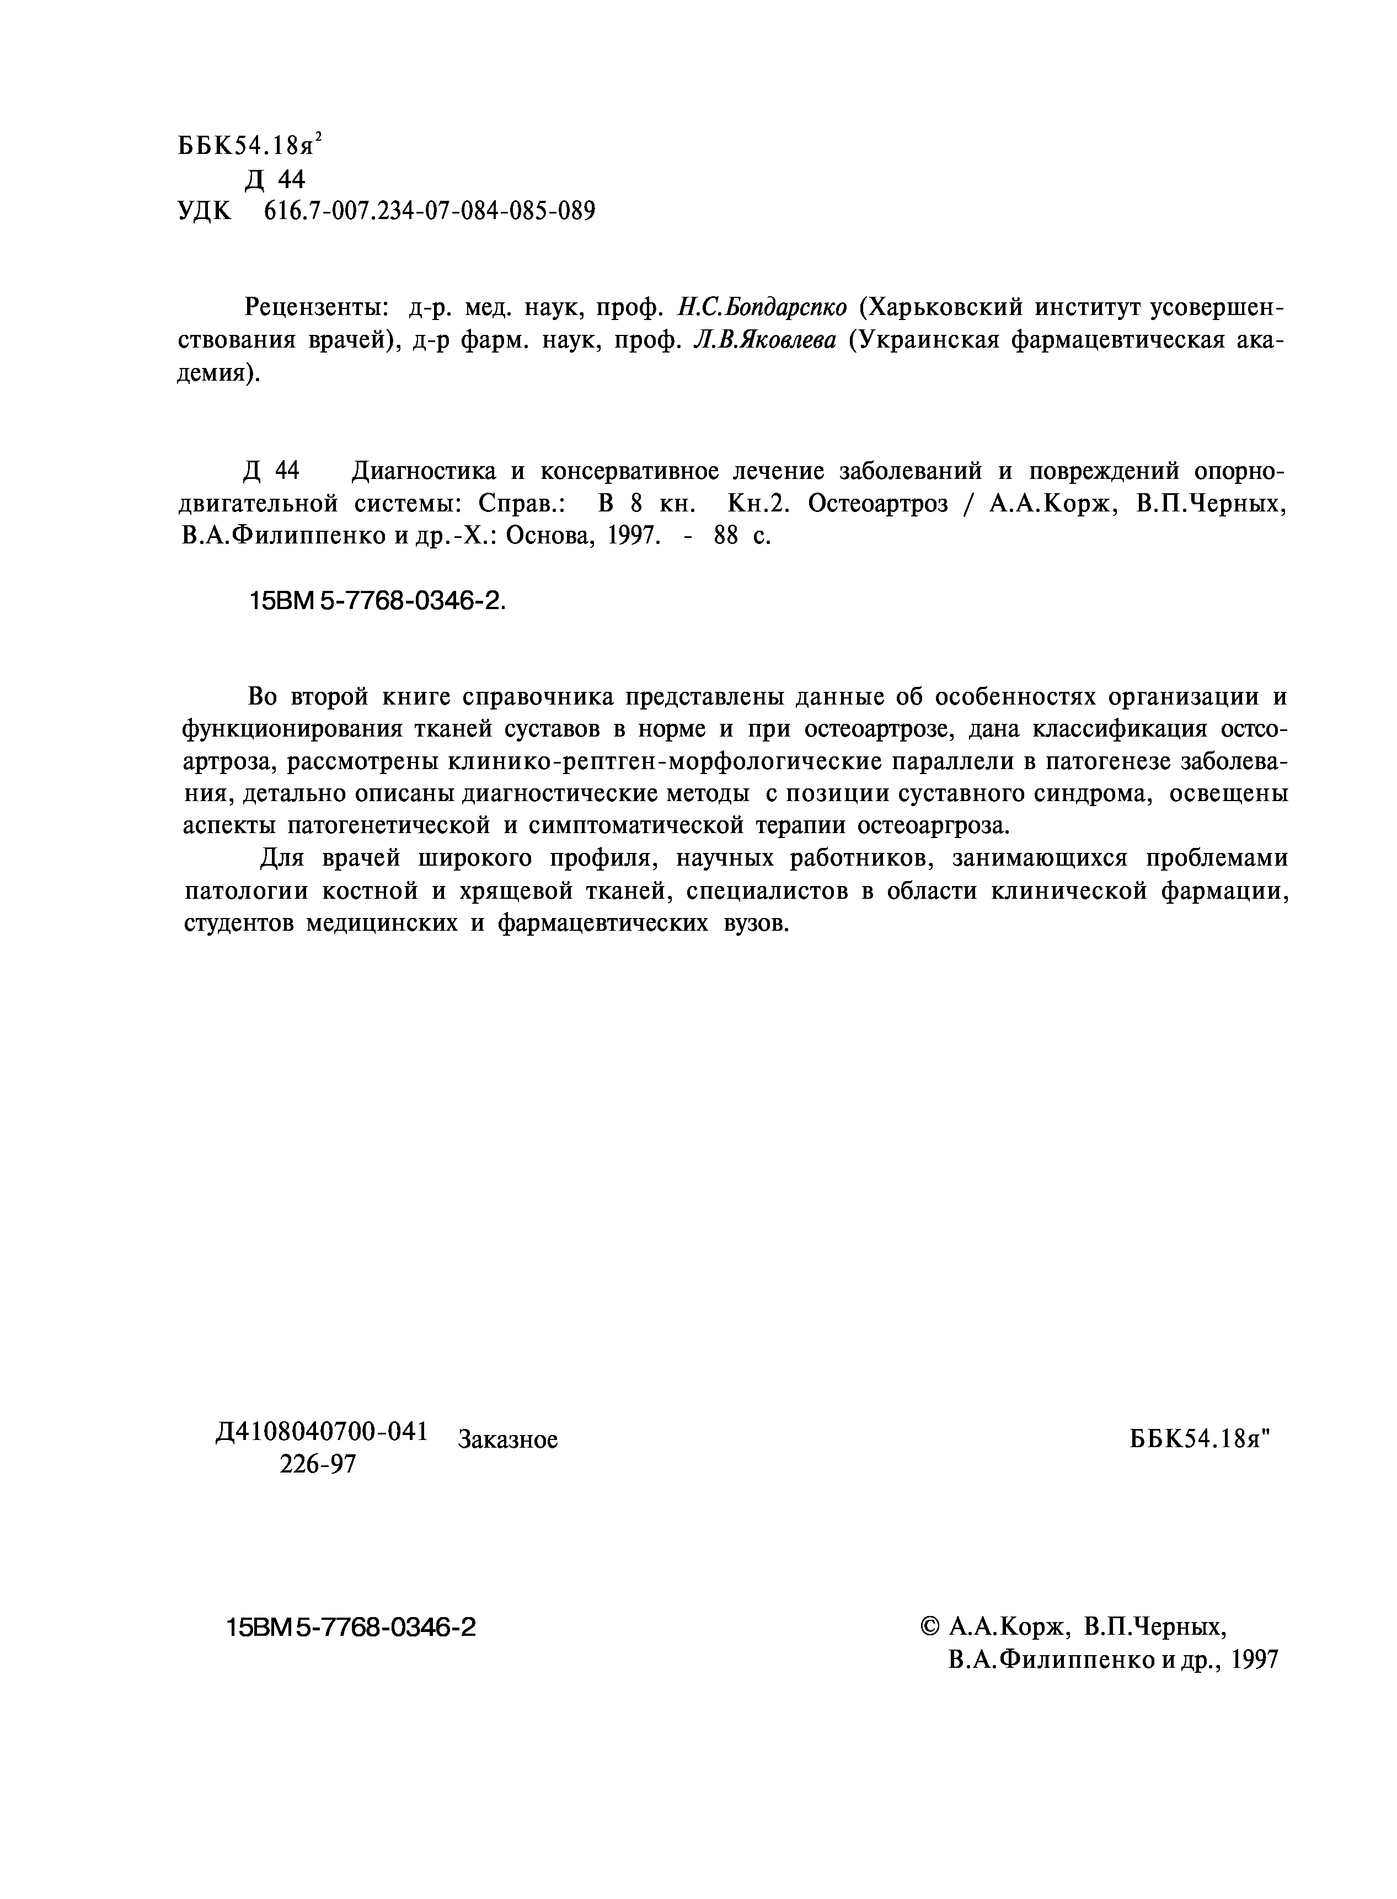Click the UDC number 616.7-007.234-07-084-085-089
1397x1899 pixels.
click(x=430, y=211)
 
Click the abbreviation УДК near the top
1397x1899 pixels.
click(x=204, y=211)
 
